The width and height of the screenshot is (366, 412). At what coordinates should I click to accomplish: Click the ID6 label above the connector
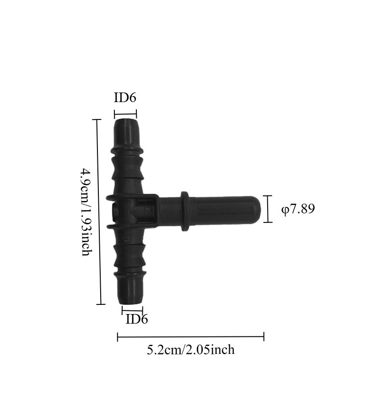(x=125, y=98)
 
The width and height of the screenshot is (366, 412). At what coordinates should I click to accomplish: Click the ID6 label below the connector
(x=136, y=319)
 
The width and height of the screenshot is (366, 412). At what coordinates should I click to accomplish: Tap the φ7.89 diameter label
(x=298, y=209)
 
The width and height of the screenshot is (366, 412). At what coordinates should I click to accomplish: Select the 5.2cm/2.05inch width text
(x=191, y=350)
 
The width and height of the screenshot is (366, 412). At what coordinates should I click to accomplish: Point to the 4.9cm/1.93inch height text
(x=86, y=212)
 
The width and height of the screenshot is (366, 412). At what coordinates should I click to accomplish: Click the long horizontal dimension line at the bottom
(x=191, y=336)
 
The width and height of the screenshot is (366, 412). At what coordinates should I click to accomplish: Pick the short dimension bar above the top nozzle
(x=125, y=114)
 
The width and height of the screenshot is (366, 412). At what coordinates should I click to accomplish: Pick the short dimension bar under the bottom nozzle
(x=132, y=310)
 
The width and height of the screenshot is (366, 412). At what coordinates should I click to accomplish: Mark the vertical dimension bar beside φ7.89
(x=268, y=209)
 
